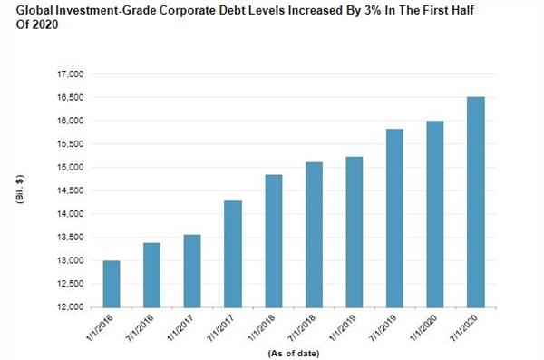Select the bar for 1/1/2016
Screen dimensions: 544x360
112,284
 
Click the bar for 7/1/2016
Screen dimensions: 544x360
151,276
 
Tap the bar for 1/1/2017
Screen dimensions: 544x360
192,271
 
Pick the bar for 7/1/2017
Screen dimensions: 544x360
233,254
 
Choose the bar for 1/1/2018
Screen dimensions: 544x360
274,241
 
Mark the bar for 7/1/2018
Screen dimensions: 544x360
314,235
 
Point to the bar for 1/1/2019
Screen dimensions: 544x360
355,232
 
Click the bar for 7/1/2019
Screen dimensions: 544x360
394,219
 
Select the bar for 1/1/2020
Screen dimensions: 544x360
435,214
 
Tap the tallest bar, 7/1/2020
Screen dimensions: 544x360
476,202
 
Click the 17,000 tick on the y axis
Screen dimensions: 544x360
71,74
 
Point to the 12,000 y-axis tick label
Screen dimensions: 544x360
71,307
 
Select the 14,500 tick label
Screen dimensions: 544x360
71,190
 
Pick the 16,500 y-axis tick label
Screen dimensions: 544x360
71,98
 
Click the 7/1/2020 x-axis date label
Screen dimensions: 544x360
464,328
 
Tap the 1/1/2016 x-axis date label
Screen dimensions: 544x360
100,328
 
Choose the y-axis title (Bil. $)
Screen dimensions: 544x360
20,190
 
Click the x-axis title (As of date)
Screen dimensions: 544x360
294,354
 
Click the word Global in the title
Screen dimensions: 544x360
34,10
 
